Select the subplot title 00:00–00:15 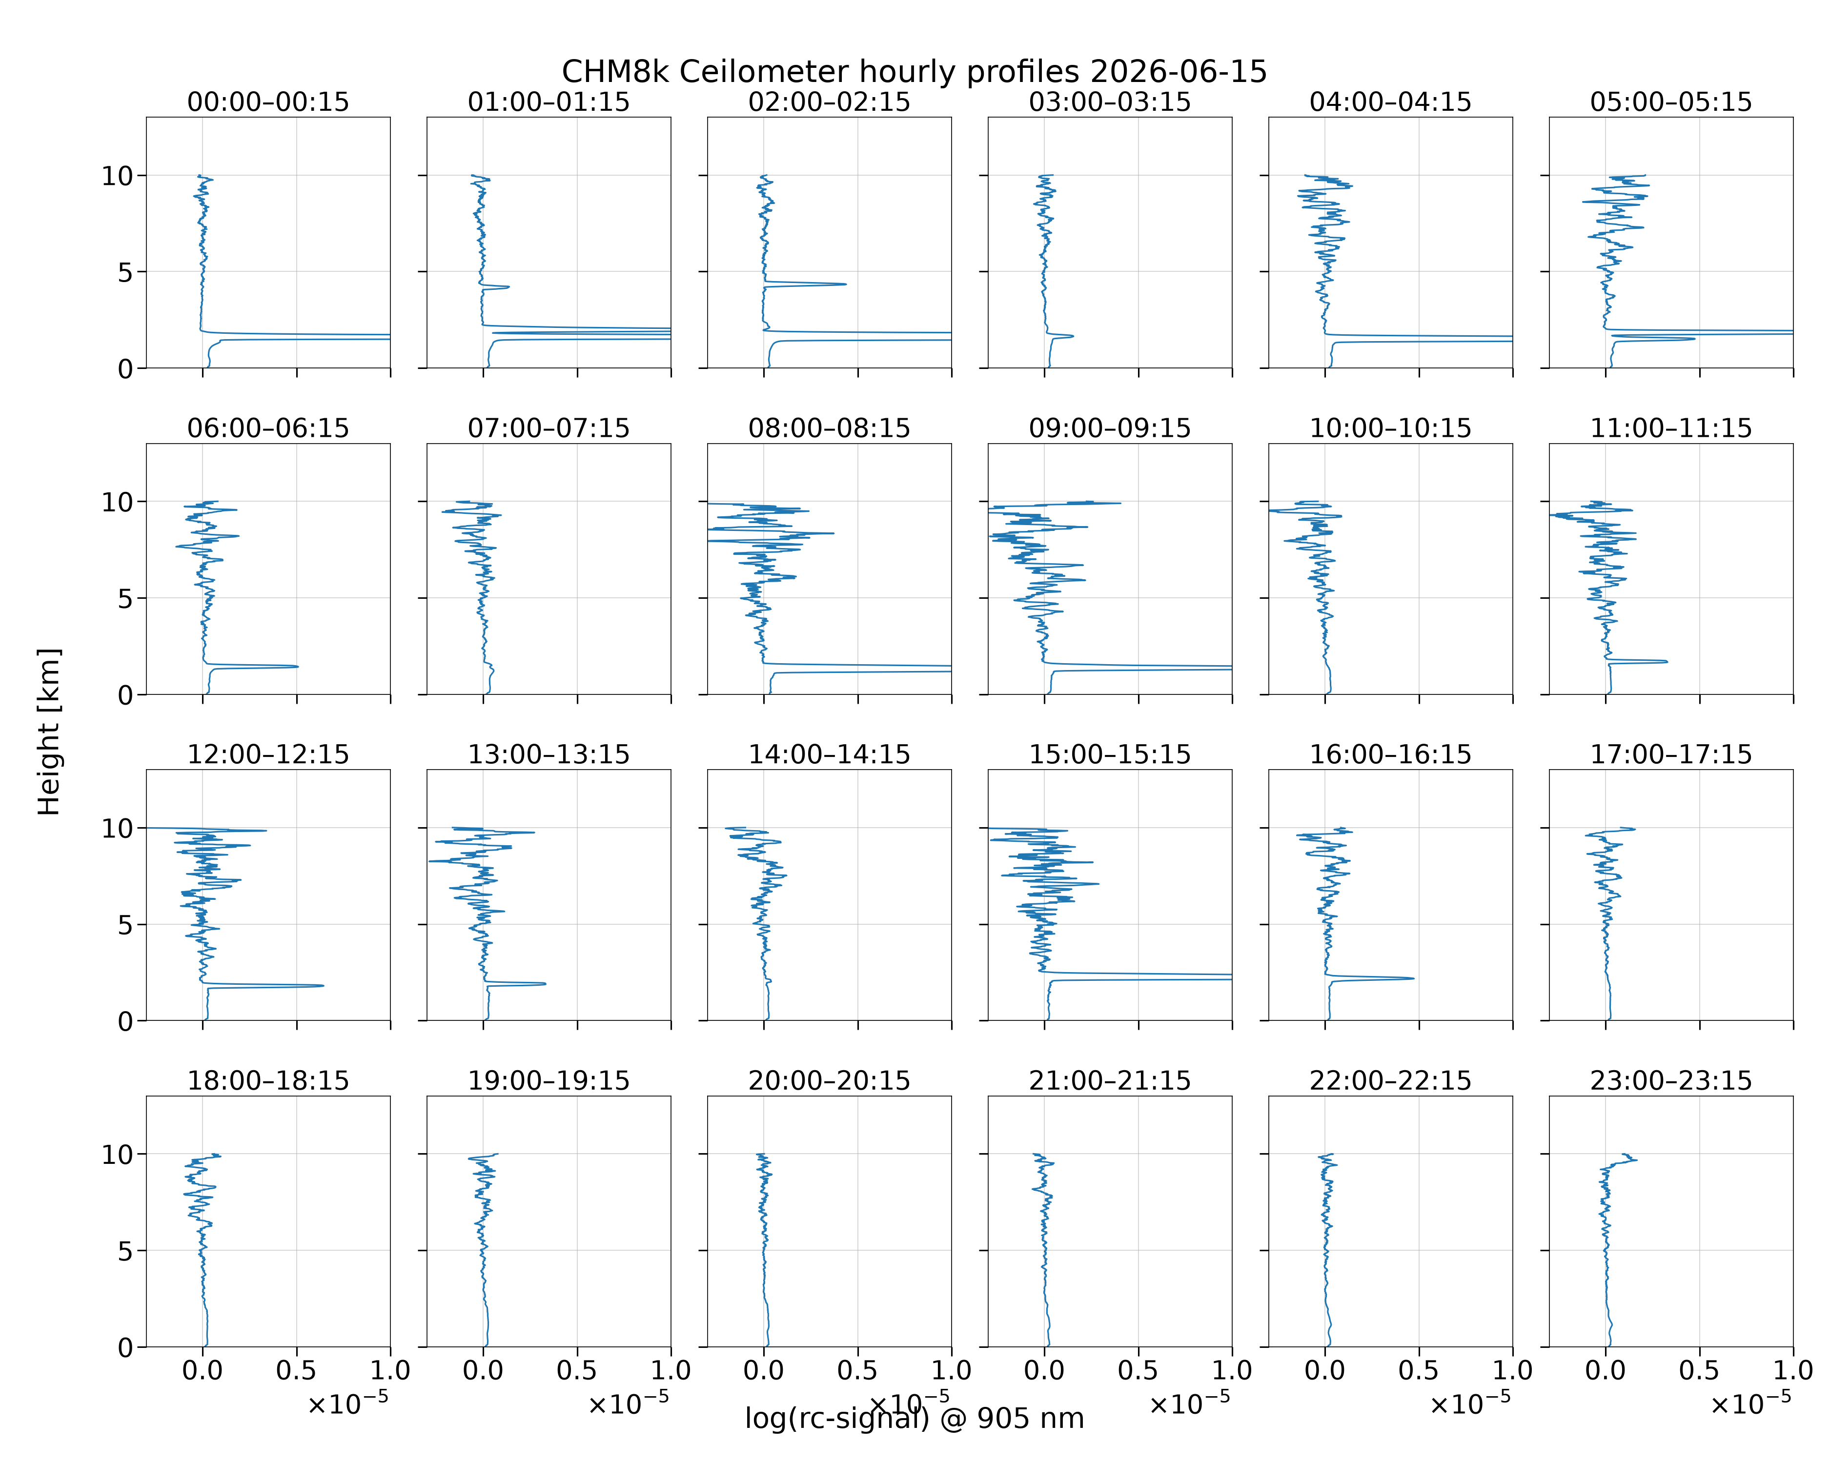tap(268, 102)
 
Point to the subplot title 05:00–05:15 tap(1670, 102)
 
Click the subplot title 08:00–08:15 tap(829, 428)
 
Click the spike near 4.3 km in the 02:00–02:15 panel tap(845, 285)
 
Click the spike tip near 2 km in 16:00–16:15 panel tap(1413, 978)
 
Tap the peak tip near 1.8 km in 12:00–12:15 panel tap(324, 985)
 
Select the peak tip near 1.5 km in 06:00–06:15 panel tap(298, 666)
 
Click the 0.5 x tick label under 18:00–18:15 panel tap(296, 1370)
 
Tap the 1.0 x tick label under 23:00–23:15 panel tap(1792, 1370)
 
